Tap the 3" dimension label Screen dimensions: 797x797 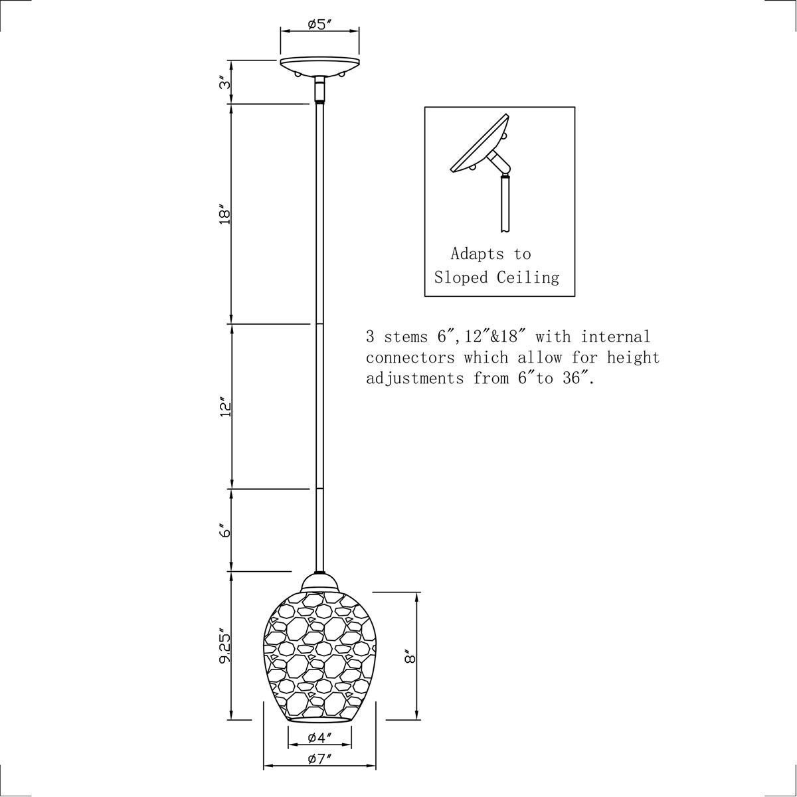pos(224,82)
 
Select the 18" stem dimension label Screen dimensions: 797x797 pos(224,215)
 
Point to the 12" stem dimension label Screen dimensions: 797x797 pos(224,407)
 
